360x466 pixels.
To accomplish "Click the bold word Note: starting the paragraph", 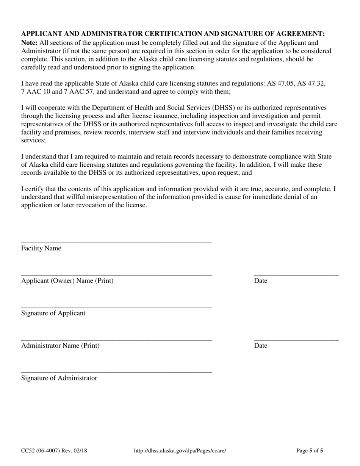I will (x=29, y=43).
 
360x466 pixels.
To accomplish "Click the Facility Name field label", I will (x=41, y=248).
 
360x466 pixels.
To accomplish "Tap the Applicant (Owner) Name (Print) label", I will (x=67, y=281).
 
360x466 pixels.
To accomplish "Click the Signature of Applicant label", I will (x=53, y=313).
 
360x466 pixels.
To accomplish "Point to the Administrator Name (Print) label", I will (x=60, y=346).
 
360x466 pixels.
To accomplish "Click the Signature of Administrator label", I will (x=59, y=378).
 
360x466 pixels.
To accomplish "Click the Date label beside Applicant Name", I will (x=260, y=281).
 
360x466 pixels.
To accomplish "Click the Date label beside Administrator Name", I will (x=260, y=346).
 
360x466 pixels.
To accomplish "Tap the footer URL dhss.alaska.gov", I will (x=180, y=451).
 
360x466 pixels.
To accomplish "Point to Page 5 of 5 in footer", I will (x=309, y=451).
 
